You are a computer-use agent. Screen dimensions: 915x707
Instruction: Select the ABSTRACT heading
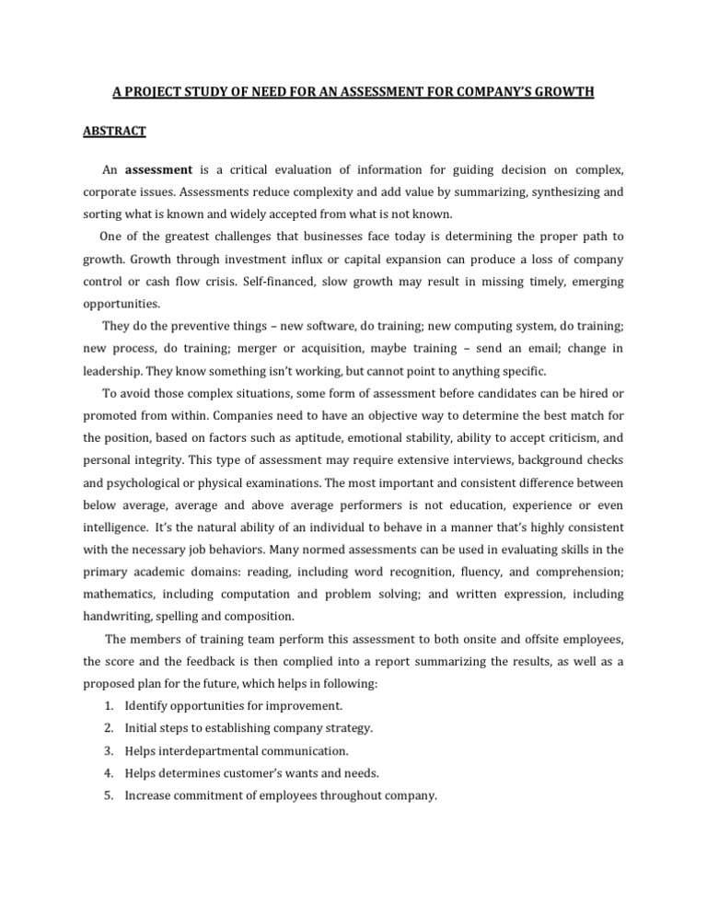click(x=114, y=132)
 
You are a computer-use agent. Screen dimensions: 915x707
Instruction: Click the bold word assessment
click(x=158, y=170)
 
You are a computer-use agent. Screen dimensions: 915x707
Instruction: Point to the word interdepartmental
click(x=208, y=750)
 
